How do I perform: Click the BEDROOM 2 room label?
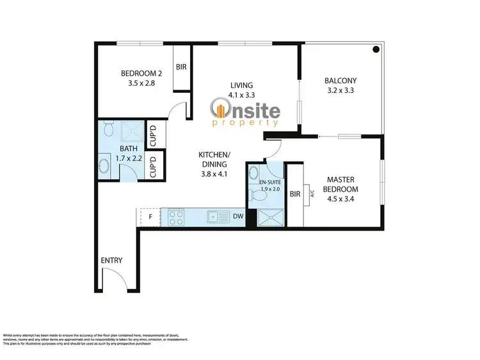click(x=141, y=74)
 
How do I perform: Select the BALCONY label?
click(x=340, y=81)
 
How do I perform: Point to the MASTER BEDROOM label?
click(x=342, y=184)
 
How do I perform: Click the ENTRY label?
click(x=111, y=261)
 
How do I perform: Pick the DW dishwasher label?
click(x=237, y=217)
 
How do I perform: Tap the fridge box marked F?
click(x=150, y=217)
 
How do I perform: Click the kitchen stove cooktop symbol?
click(x=176, y=218)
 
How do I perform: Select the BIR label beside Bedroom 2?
click(x=181, y=67)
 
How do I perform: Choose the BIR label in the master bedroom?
click(x=295, y=193)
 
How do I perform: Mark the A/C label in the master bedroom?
click(x=312, y=193)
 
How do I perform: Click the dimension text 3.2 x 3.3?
click(x=340, y=90)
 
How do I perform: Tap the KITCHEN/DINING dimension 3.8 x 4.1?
click(x=214, y=173)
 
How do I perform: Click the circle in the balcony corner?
click(x=377, y=49)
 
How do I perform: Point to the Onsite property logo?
click(x=246, y=111)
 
